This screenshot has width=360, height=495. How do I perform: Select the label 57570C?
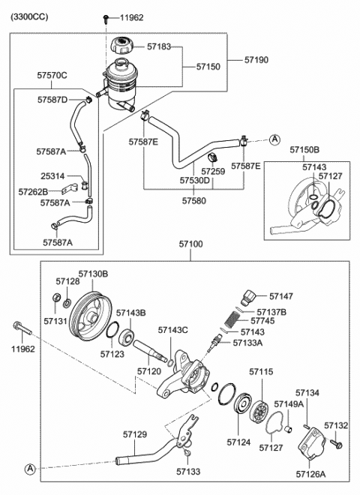(x=52, y=75)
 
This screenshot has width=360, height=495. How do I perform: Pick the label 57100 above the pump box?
(x=190, y=245)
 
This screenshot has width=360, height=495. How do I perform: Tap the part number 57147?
(x=281, y=297)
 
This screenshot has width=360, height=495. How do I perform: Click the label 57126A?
(x=310, y=474)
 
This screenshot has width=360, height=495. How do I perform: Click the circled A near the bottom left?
(x=29, y=469)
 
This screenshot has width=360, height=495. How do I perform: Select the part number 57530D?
(x=194, y=180)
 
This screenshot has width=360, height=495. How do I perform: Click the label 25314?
(x=52, y=176)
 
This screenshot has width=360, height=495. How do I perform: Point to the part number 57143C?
(x=172, y=330)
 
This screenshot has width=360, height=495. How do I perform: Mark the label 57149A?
(x=289, y=404)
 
